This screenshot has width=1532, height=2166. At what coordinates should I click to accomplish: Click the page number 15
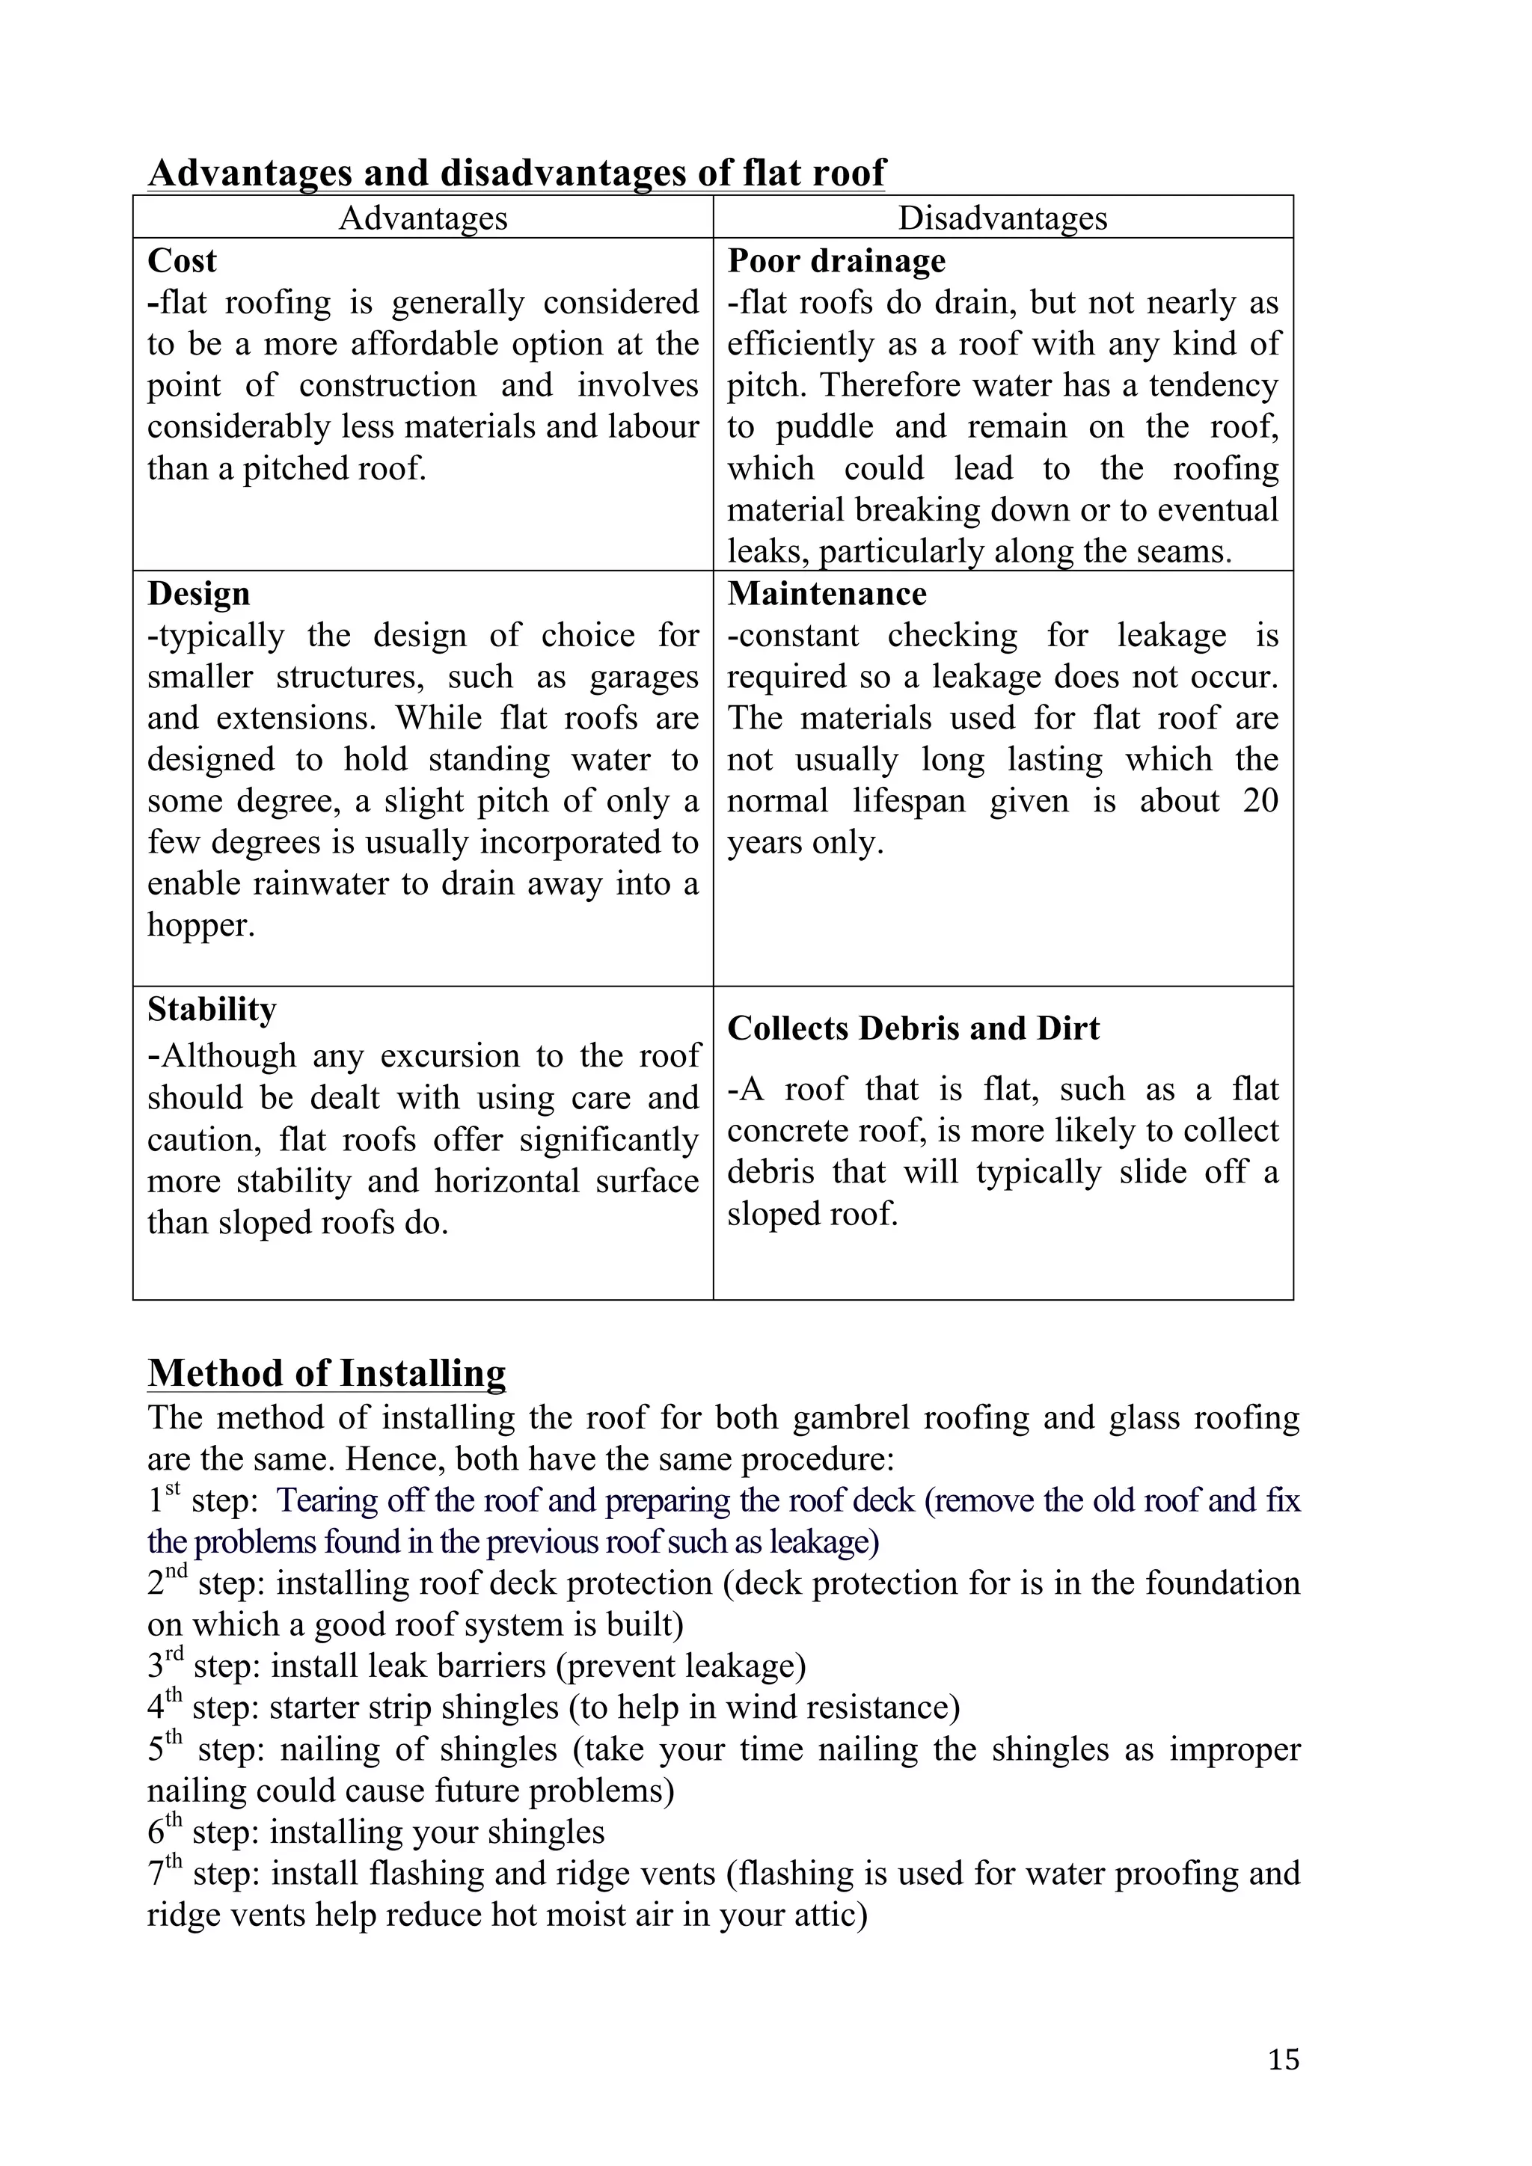point(1284,2058)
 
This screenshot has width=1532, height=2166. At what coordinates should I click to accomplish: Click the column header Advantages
point(423,218)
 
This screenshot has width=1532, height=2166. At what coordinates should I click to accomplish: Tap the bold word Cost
point(182,261)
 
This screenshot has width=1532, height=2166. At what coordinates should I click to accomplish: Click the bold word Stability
point(211,1010)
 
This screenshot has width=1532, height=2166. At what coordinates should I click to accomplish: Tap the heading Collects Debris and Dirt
point(913,1028)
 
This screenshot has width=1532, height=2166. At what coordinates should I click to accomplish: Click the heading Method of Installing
point(326,1372)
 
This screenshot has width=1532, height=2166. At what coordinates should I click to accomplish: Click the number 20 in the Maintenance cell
point(1260,801)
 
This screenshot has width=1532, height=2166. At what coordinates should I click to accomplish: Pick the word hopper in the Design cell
point(200,925)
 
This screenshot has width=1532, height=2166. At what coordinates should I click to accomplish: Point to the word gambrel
point(850,1418)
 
